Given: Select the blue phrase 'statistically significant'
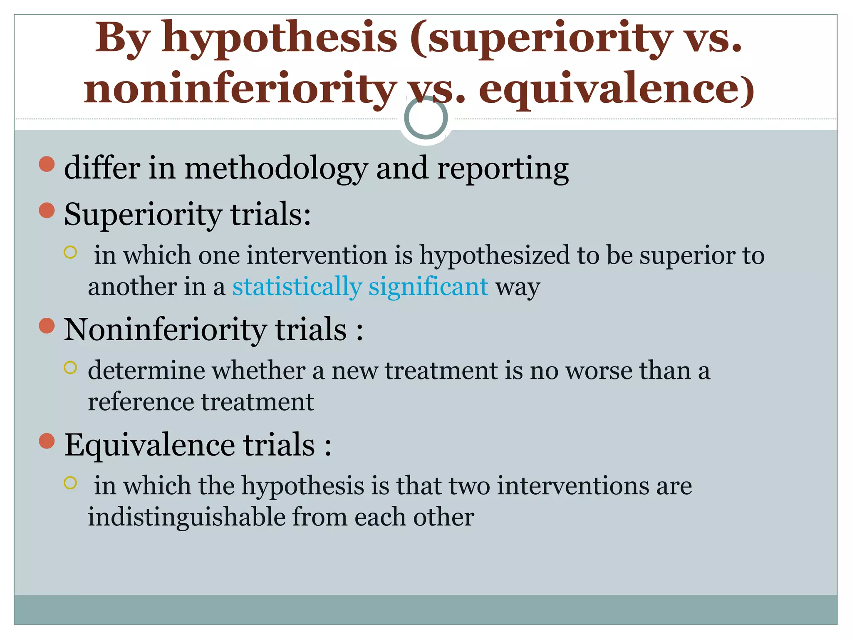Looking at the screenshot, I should [360, 287].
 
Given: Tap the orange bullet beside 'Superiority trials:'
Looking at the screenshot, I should [47, 210].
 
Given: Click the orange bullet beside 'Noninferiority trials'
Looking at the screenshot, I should [47, 326].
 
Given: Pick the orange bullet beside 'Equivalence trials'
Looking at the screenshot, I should [47, 441].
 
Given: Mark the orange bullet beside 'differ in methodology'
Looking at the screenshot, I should [47, 164].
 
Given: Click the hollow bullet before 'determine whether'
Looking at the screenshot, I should [70, 367].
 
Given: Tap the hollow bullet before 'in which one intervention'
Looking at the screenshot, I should [70, 252].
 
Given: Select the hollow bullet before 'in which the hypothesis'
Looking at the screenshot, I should [70, 483].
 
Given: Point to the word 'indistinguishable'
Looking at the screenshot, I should [186, 518].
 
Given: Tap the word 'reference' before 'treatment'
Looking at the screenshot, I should [141, 402].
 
